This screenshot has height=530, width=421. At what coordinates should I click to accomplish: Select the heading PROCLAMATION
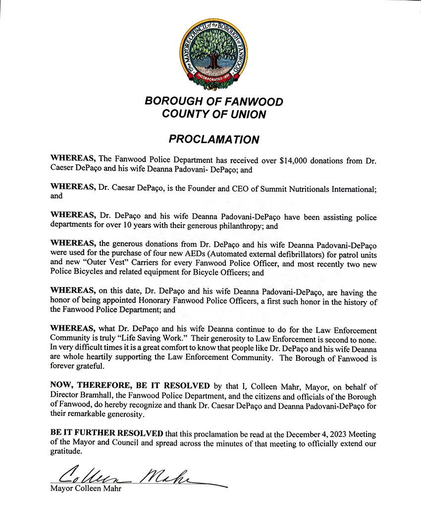point(213,139)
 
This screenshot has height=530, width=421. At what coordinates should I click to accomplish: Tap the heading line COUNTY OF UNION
point(214,115)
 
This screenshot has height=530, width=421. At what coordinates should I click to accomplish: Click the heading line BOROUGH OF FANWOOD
point(214,102)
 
